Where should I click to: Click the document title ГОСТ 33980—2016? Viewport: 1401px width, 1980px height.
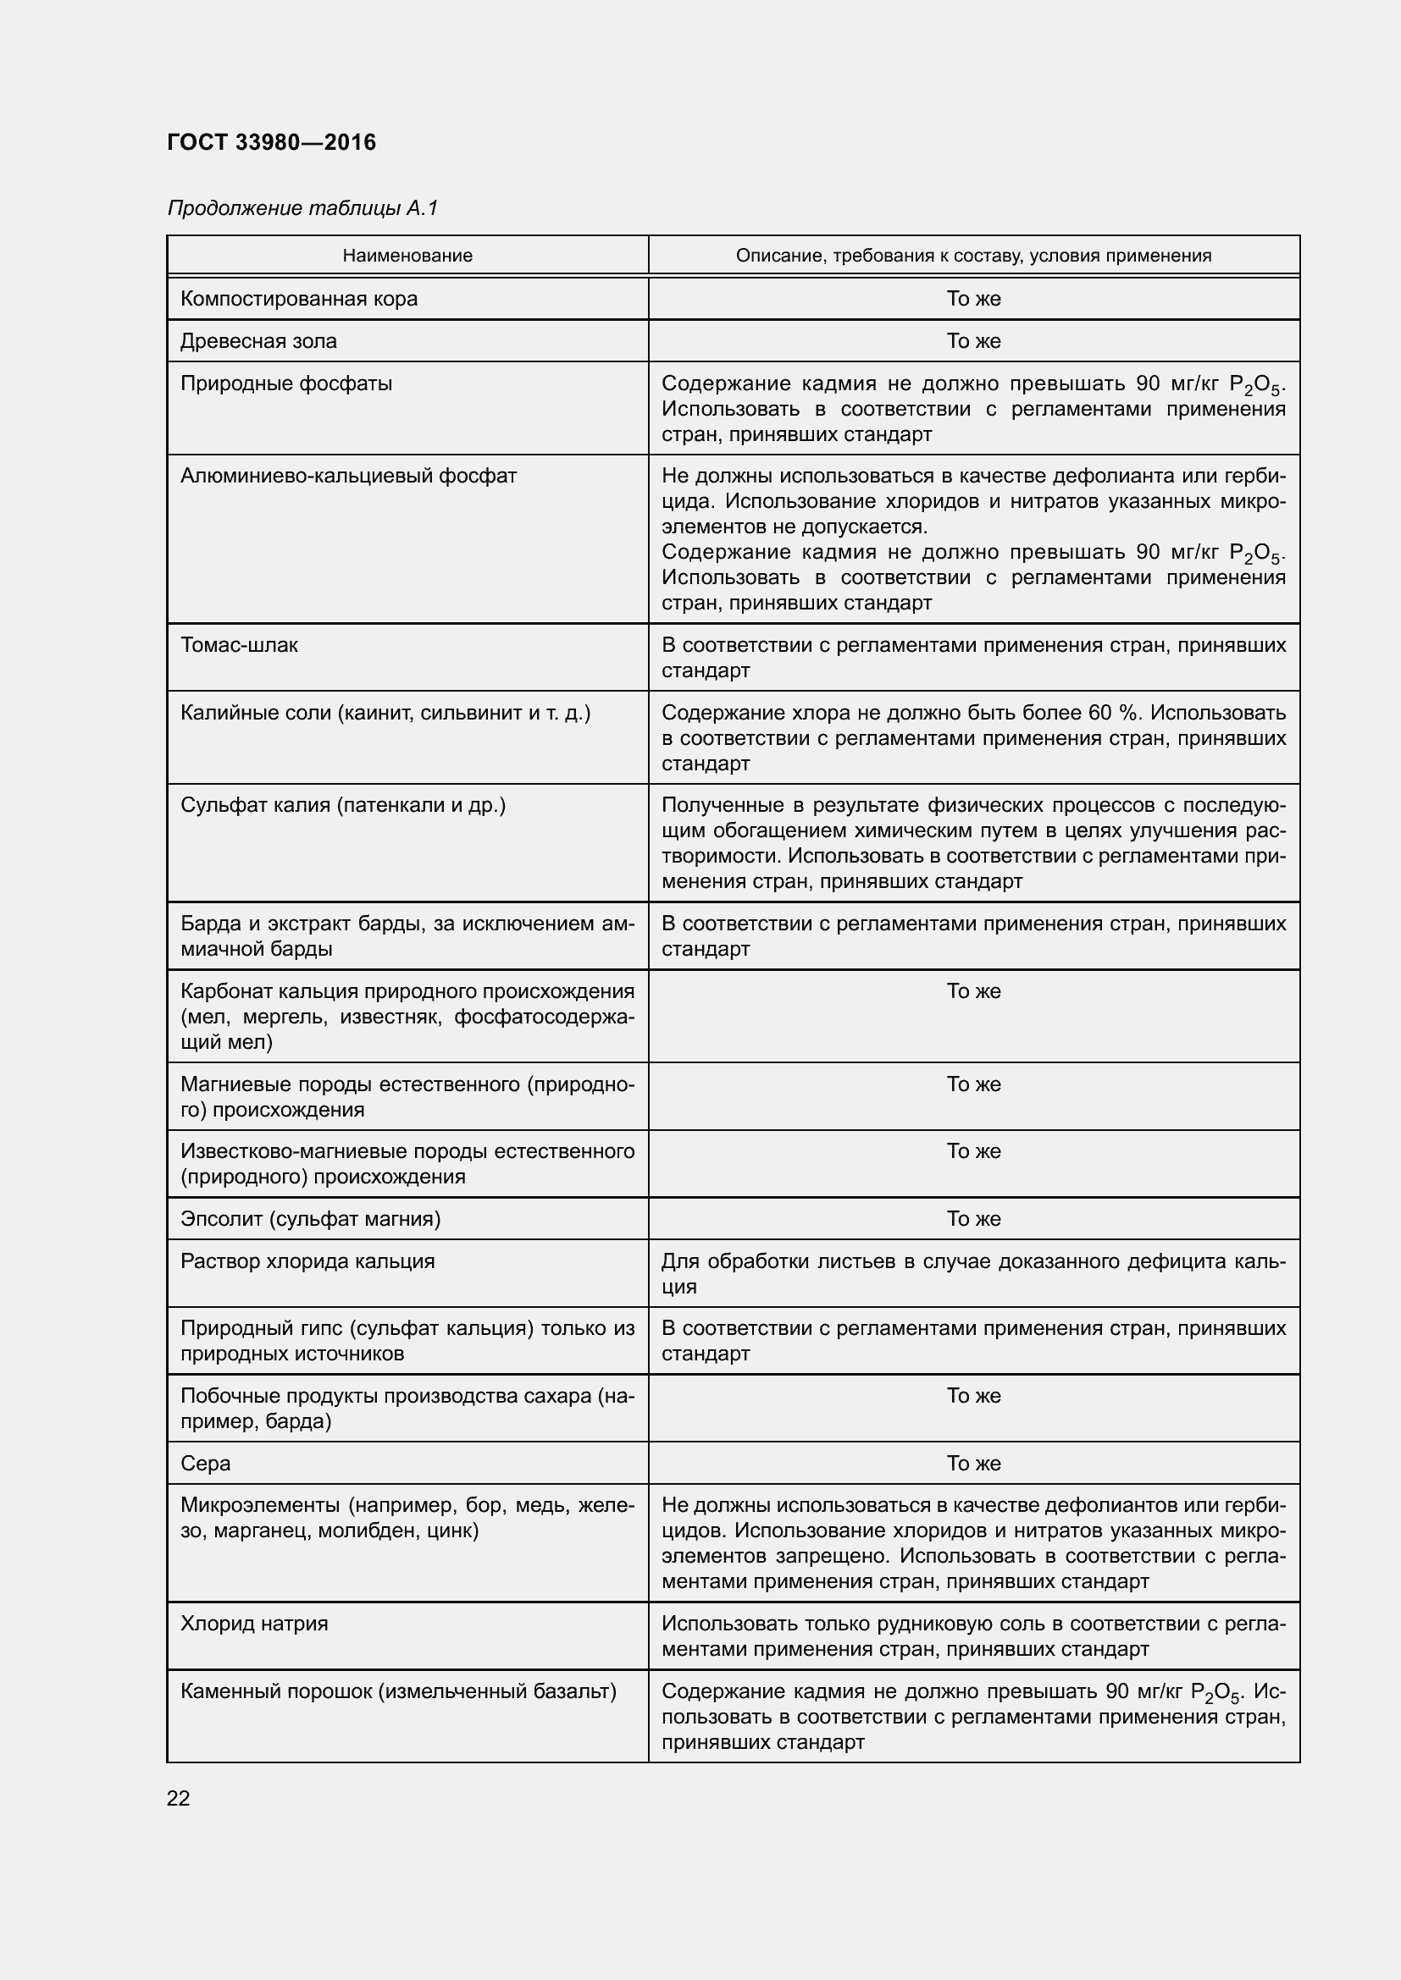[272, 142]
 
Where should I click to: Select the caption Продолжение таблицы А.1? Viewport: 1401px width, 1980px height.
[302, 208]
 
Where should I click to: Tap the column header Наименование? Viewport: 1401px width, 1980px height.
[407, 256]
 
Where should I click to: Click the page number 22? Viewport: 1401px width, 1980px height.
[179, 1798]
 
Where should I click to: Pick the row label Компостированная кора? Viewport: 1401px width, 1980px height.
[298, 298]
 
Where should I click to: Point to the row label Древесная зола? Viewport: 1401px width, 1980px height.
[258, 340]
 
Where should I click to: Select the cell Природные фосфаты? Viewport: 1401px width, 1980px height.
[285, 383]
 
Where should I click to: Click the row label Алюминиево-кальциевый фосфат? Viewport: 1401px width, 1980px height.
[348, 476]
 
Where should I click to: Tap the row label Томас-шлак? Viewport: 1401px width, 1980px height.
[239, 645]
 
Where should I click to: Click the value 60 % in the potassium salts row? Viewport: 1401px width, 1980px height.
[1114, 712]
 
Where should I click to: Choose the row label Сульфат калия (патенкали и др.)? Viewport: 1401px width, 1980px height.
[342, 804]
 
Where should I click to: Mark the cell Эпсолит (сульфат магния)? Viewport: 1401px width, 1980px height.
[311, 1218]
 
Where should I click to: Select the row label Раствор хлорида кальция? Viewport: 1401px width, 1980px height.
[307, 1260]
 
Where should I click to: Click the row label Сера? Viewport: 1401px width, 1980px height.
[205, 1464]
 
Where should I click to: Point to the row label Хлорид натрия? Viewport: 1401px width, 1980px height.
[253, 1624]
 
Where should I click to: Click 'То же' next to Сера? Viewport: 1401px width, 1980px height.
[973, 1464]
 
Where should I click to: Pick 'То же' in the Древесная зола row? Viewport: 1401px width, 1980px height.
[973, 340]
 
